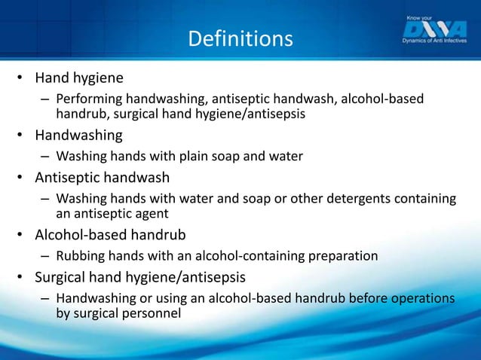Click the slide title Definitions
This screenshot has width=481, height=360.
tap(240, 38)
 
